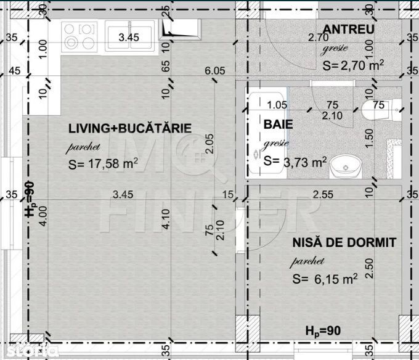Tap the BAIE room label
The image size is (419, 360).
(278, 124)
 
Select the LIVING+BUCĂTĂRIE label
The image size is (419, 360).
(130, 129)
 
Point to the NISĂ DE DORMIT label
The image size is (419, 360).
(344, 242)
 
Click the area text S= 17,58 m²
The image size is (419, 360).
(104, 163)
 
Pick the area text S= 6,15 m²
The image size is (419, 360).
(325, 279)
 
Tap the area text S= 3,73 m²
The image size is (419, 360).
(295, 162)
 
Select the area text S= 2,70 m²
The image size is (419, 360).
(354, 64)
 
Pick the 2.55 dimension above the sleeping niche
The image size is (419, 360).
(324, 194)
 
